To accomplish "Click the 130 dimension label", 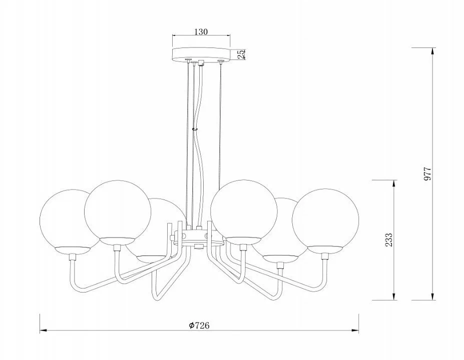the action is [201, 31].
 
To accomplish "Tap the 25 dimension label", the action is [241, 54].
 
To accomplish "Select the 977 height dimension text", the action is [427, 174].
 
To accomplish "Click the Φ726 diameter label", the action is [199, 325].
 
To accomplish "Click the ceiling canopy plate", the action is [201, 54].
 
